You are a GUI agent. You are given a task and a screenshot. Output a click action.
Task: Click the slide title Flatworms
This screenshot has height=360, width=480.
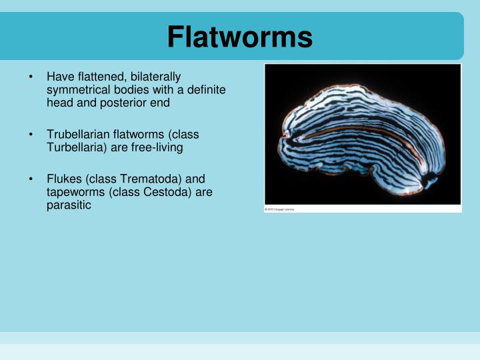point(239,37)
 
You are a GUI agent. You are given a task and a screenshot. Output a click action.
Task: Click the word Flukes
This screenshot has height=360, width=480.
point(62,179)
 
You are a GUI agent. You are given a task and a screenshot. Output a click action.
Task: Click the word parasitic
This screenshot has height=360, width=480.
point(69,205)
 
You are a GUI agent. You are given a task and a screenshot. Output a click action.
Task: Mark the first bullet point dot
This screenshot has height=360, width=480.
point(31,77)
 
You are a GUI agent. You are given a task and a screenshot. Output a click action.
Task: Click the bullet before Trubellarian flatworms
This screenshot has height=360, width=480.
point(31,135)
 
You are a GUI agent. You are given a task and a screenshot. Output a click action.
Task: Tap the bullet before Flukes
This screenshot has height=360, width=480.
point(31,179)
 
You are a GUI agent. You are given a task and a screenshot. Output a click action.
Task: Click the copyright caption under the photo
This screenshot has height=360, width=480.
point(279,209)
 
